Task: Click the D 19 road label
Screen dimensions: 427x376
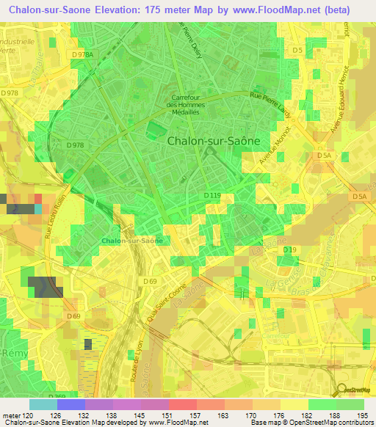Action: (289, 251)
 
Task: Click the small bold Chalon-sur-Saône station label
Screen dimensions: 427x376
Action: (131, 241)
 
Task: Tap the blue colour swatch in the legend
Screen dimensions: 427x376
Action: (70, 404)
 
